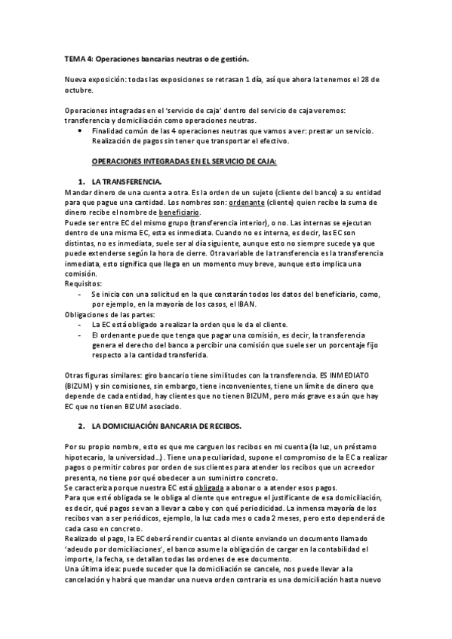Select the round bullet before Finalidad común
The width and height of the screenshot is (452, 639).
pyautogui.click(x=81, y=130)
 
